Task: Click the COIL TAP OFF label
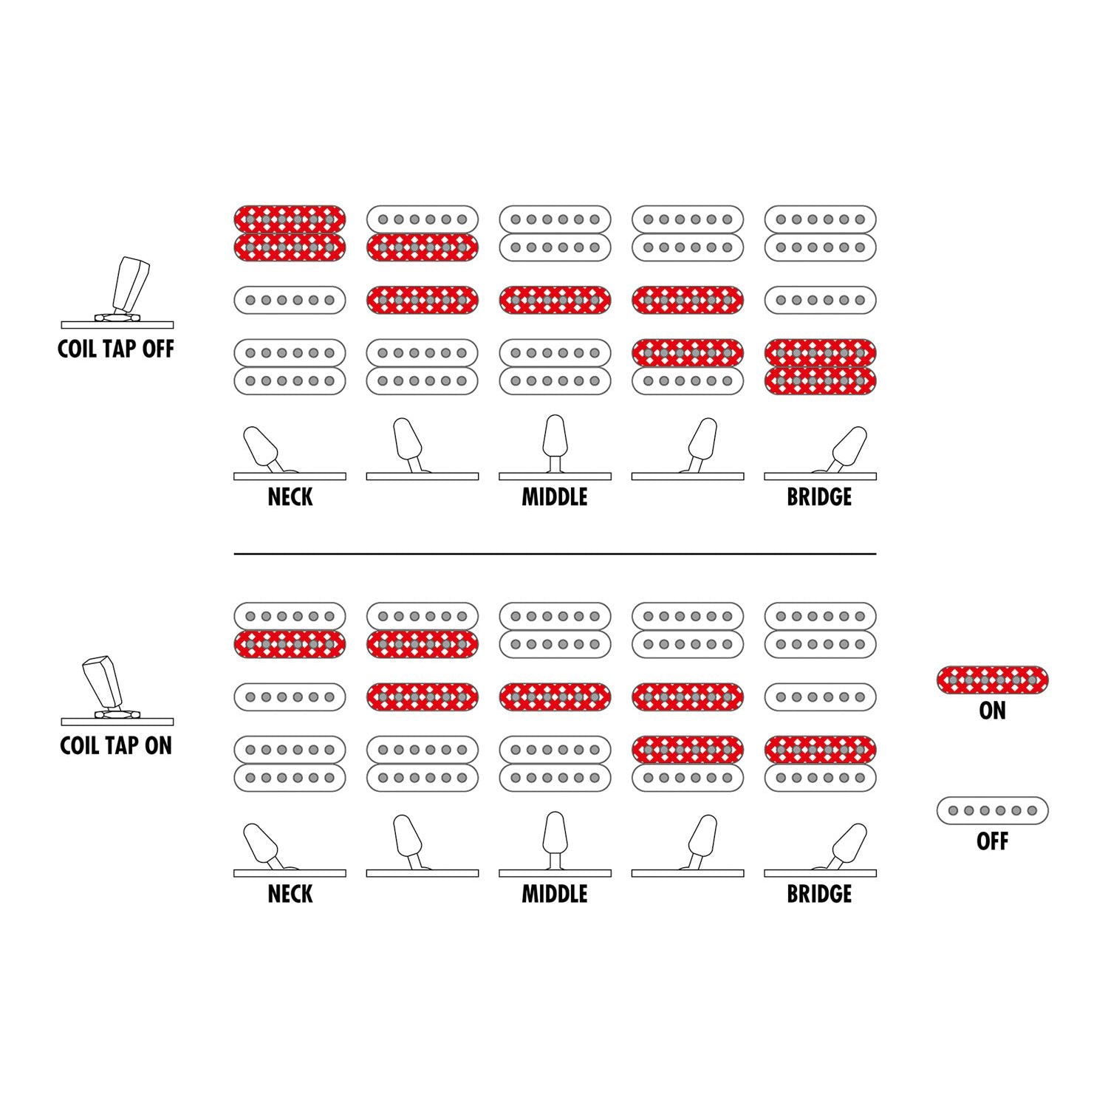[x=116, y=349]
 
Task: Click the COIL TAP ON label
[x=116, y=745]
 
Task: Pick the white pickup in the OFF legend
[x=992, y=810]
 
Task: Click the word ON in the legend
[x=992, y=711]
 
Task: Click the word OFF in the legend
[x=992, y=841]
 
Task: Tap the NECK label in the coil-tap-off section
[x=290, y=496]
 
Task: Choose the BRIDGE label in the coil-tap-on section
[x=819, y=894]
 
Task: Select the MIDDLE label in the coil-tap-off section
[x=555, y=496]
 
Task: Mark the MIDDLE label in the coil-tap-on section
[x=555, y=894]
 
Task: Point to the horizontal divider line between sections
[x=555, y=553]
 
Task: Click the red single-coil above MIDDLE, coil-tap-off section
[x=555, y=300]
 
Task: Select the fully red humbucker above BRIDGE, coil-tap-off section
[x=820, y=367]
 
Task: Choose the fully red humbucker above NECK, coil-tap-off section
[x=290, y=233]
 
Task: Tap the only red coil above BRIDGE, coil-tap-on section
[x=820, y=750]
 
